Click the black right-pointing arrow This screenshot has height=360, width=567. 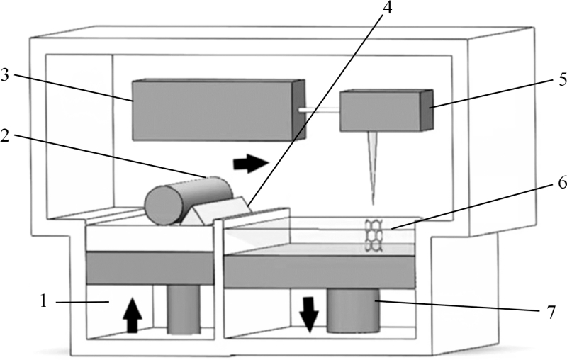251,164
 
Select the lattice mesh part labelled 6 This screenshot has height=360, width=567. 374,235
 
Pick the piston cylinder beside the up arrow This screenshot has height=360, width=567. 183,308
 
